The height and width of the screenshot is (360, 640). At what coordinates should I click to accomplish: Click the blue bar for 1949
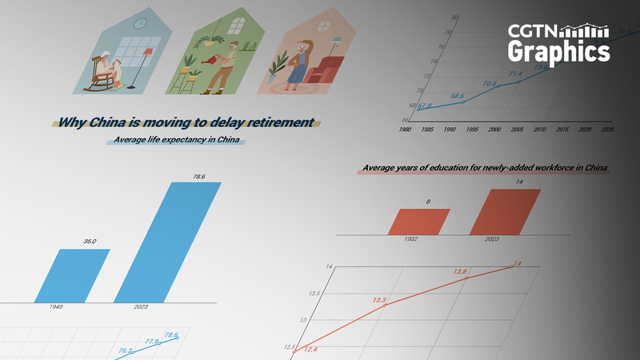coord(73,276)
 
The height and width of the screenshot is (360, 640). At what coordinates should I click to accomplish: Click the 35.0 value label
coord(90,241)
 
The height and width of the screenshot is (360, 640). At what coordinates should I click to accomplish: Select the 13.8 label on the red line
coord(459,272)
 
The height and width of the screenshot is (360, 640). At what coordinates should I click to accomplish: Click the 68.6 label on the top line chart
coord(458,96)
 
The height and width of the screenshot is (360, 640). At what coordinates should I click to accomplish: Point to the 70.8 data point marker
coord(497,86)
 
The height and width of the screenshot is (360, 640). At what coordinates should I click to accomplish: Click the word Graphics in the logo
coord(558,53)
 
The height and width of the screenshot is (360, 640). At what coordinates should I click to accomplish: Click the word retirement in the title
coord(275,122)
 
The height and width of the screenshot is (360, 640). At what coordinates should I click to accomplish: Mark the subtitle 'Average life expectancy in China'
coord(176,141)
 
